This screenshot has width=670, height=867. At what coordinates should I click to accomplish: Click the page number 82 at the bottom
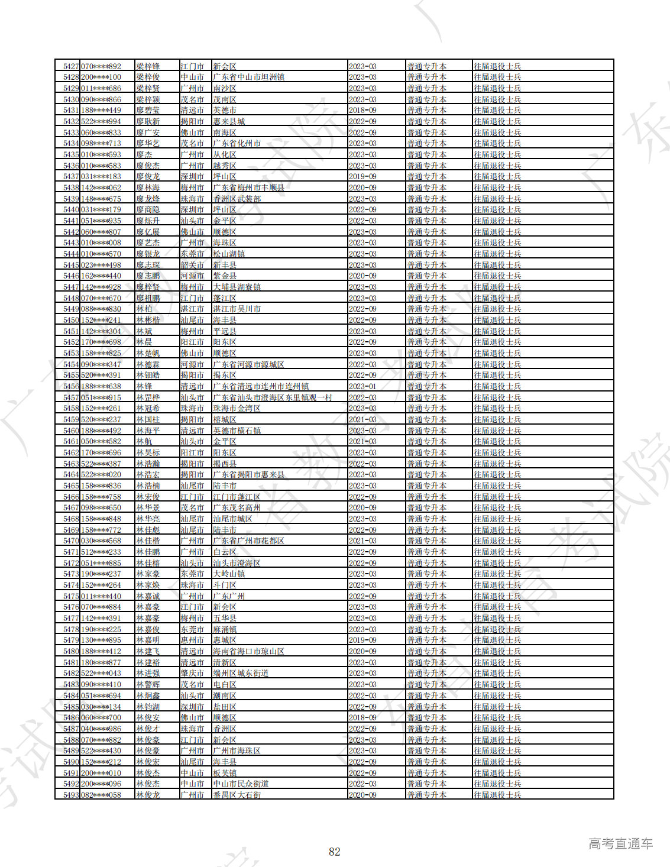(335, 852)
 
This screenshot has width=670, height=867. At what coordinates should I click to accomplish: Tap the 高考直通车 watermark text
(620, 844)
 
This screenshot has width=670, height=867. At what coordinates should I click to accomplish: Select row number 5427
(71, 66)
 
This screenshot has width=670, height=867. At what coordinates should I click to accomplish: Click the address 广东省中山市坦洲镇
(249, 77)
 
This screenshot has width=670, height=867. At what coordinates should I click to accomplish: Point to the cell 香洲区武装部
(237, 199)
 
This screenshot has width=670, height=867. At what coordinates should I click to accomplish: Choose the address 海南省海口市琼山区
(249, 651)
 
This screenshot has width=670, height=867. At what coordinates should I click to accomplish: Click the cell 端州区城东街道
(241, 674)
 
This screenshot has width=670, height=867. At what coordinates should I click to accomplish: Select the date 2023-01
(362, 386)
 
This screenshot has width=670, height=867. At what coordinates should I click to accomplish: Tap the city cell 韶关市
(192, 265)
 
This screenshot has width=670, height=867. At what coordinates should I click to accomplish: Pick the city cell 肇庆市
(192, 674)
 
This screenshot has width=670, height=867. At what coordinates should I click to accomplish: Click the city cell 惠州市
(192, 640)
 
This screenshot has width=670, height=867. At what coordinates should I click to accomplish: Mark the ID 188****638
(101, 386)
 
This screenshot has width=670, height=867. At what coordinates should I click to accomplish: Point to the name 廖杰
(144, 154)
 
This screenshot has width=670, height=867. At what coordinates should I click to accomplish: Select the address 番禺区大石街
(237, 795)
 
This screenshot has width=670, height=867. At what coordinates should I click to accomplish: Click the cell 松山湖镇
(229, 254)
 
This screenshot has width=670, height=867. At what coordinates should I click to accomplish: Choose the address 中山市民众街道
(241, 784)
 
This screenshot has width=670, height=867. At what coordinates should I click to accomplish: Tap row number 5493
(71, 795)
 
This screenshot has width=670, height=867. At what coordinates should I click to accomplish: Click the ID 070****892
(101, 66)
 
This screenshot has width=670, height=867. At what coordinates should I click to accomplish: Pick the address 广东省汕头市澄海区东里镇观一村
(273, 397)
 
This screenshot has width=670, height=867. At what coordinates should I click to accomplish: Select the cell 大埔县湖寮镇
(237, 287)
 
